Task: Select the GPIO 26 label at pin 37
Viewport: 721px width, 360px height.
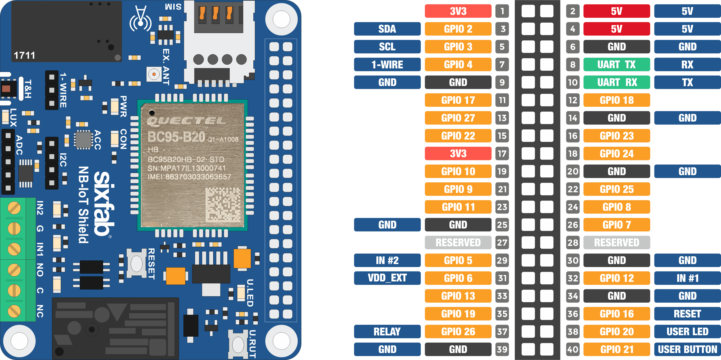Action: [x=458, y=332]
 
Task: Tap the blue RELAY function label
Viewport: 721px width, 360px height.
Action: [x=387, y=332]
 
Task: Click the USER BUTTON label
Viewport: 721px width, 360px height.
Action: [x=687, y=349]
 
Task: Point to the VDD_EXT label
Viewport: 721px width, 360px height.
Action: [x=387, y=278]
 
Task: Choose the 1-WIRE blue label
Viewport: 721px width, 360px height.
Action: [x=387, y=65]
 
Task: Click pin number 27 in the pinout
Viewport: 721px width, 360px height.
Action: [x=502, y=242]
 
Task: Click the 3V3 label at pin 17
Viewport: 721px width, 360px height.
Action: [x=458, y=153]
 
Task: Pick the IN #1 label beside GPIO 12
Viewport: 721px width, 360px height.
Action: [x=687, y=278]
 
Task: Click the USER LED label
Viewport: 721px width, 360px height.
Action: [x=687, y=332]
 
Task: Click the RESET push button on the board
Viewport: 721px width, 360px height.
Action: [x=136, y=263]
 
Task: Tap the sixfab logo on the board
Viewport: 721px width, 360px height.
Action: [x=104, y=204]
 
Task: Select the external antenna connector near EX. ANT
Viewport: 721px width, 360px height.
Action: [x=154, y=74]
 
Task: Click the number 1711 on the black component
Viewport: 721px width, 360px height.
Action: [x=25, y=55]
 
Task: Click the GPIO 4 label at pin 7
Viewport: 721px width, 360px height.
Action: [x=458, y=65]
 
